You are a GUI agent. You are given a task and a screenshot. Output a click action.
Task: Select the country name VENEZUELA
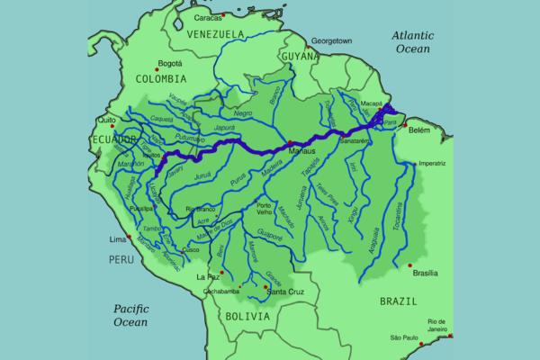(216, 33)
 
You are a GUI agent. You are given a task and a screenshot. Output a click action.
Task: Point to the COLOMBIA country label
(161, 77)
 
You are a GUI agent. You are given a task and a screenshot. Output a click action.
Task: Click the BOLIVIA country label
(247, 317)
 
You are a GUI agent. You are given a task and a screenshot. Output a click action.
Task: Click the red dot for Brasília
(410, 265)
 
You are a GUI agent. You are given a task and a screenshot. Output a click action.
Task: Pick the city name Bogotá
(169, 64)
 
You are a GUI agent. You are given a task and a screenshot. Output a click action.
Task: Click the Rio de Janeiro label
(438, 325)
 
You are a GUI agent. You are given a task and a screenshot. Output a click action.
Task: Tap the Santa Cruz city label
(289, 292)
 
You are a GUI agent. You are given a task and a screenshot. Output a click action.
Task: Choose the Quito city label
(108, 120)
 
